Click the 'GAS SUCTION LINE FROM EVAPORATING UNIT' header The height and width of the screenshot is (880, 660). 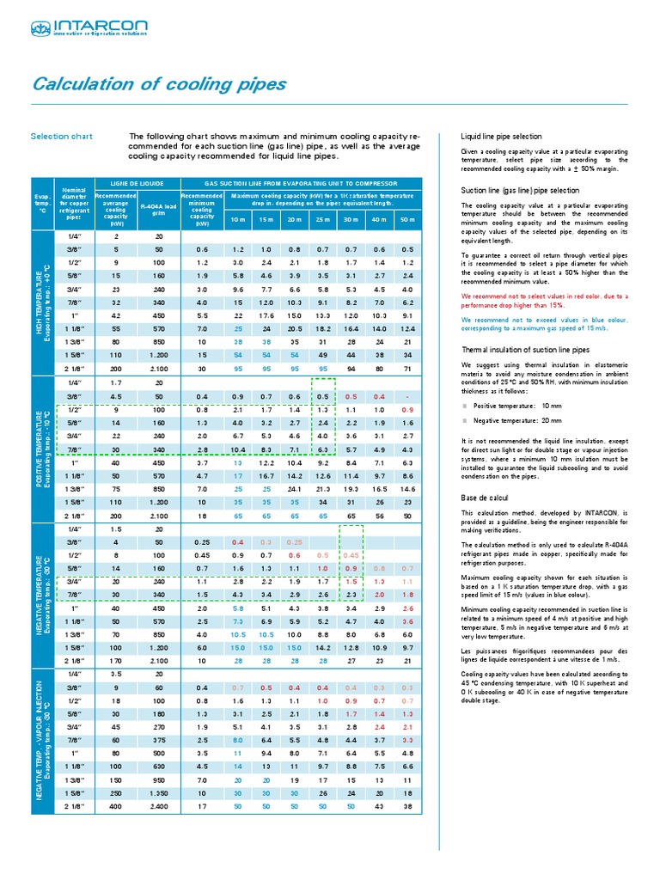point(300,183)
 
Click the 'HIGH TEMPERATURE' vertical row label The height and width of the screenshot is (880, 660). point(40,304)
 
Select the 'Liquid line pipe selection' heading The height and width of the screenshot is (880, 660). point(502,136)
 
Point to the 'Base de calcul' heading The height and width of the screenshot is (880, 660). point(486,499)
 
